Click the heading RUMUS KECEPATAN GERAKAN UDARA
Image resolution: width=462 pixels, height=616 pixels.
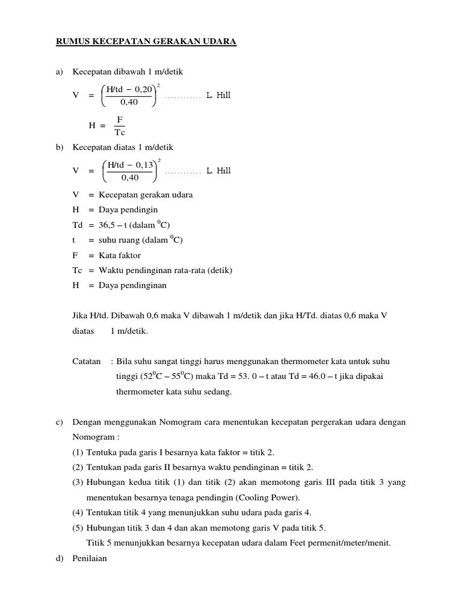(146, 42)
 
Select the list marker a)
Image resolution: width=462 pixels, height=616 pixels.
(59, 72)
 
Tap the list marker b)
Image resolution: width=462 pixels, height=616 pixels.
(59, 147)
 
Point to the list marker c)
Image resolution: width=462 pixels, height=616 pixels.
(59, 422)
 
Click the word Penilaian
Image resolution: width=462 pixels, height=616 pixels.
(90, 558)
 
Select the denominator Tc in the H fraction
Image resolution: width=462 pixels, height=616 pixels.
(119, 132)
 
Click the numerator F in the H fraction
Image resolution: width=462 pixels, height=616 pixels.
(119, 120)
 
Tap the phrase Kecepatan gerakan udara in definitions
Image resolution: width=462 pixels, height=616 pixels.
(146, 195)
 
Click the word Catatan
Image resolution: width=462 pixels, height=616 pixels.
(86, 362)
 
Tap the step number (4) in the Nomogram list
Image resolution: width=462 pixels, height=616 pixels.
(78, 513)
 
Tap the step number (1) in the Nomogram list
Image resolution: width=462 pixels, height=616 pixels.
(78, 452)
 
